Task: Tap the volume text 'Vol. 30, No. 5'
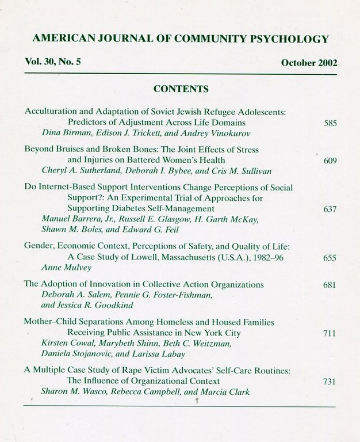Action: pos(52,62)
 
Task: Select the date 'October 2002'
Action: pos(309,63)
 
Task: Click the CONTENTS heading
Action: pos(181,89)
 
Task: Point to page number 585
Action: pos(330,123)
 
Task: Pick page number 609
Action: pos(330,161)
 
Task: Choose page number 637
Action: pos(330,209)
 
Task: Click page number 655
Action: pos(330,258)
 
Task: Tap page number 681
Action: pos(330,285)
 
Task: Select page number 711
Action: pos(330,333)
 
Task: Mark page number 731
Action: pos(330,382)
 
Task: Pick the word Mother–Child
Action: pos(51,322)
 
